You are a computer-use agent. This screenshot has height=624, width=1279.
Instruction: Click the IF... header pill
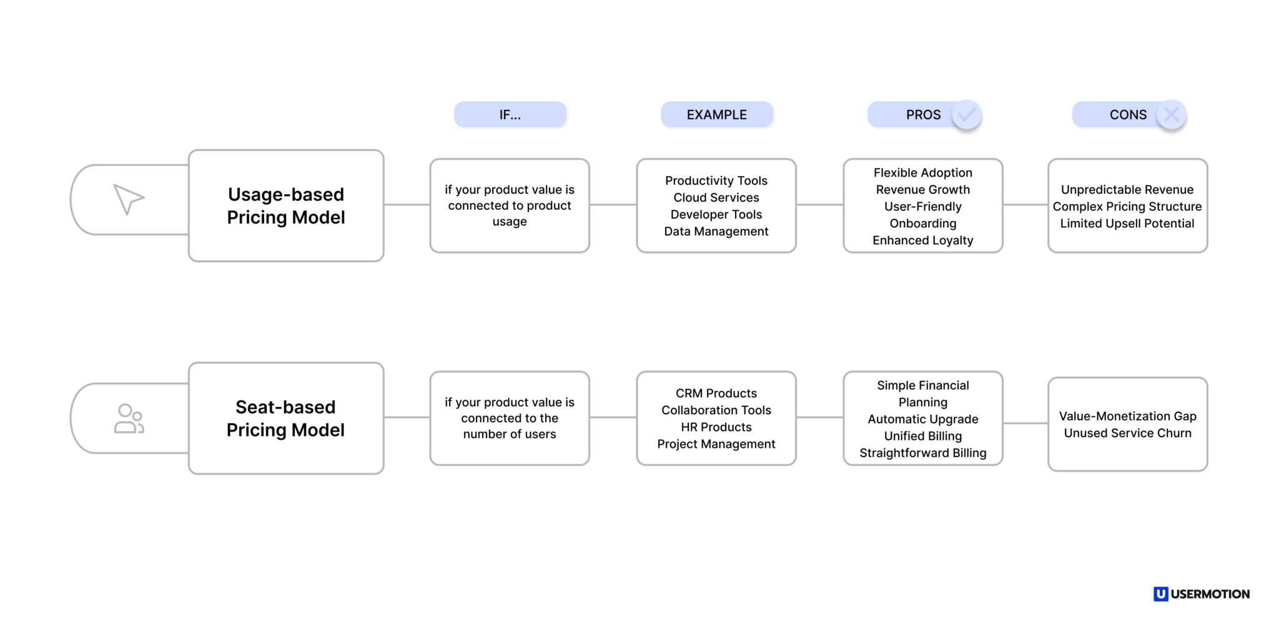click(510, 115)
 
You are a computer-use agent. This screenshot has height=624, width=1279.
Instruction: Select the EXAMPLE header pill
click(716, 115)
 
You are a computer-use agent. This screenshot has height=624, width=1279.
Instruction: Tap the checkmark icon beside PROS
click(967, 115)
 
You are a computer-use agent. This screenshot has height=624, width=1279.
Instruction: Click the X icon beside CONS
click(1172, 115)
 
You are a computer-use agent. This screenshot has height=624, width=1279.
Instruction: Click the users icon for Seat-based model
click(129, 418)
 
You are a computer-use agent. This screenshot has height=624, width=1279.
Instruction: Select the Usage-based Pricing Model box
click(286, 206)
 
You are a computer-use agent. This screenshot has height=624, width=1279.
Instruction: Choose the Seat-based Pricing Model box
click(286, 418)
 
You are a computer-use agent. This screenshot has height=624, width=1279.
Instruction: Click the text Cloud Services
click(716, 197)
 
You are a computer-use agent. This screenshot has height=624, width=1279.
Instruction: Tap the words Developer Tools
click(716, 214)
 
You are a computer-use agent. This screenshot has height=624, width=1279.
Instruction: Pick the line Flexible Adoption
click(922, 172)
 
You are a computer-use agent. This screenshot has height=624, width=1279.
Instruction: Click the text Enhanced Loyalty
click(922, 240)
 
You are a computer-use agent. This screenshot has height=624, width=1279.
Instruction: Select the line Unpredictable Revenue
click(1127, 189)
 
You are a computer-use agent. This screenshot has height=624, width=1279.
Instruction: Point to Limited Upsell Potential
click(1127, 223)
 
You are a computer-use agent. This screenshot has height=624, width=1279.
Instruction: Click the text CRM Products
click(716, 393)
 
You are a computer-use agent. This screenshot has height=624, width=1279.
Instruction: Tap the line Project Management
click(716, 443)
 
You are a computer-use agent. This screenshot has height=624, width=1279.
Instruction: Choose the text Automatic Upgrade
click(922, 419)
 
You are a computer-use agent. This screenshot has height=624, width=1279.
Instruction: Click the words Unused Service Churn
click(1127, 433)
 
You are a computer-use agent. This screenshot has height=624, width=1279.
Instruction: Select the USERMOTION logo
click(1201, 594)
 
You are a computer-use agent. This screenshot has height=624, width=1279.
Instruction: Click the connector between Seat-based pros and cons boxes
click(1025, 423)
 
